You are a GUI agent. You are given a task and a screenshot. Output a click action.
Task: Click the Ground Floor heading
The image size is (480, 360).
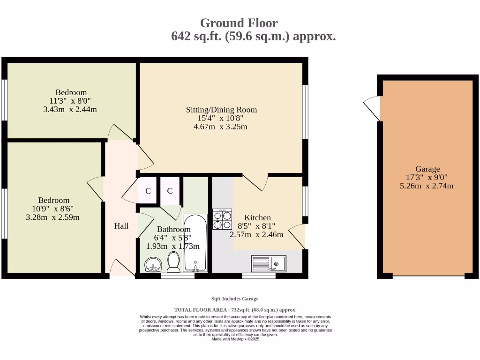coord(239,23)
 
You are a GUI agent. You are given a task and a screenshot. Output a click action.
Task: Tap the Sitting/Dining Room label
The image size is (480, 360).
coord(221,110)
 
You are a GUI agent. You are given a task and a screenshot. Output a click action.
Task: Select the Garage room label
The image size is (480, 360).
coord(427,169)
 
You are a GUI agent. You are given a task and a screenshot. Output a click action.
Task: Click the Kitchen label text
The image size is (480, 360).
coord(257,217)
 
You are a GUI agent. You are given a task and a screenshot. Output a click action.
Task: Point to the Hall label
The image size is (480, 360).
coord(121,226)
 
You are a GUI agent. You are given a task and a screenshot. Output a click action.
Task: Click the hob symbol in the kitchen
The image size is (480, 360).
coord(222,219)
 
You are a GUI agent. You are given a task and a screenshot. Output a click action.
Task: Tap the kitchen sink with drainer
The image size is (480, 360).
coord(269,263)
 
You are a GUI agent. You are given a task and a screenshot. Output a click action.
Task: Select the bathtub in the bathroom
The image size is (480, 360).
coord(195,243)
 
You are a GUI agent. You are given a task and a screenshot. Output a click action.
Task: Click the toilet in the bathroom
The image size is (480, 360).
coord(173,262)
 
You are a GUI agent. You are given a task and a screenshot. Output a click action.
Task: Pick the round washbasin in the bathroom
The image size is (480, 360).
coord(153,264)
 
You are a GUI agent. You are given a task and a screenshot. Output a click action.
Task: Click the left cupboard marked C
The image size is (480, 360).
coord(148,191)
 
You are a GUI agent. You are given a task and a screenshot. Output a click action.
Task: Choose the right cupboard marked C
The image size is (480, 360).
coord(170,191)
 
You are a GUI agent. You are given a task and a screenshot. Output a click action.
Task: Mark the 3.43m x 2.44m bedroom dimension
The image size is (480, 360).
coord(70,109)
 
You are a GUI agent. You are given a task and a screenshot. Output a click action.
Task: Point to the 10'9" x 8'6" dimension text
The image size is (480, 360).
coord(52,209)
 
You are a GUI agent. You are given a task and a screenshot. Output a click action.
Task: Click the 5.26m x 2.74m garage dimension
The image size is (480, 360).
coord(427,186)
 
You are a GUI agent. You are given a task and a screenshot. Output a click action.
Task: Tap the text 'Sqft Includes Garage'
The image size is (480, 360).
coord(235,299)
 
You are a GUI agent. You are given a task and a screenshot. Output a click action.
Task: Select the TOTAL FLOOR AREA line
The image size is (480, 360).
coord(235,310)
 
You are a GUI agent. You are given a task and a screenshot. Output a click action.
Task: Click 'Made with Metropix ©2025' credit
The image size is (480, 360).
coord(235,339)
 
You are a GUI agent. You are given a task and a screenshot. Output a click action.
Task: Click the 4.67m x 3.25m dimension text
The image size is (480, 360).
coord(220,127)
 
